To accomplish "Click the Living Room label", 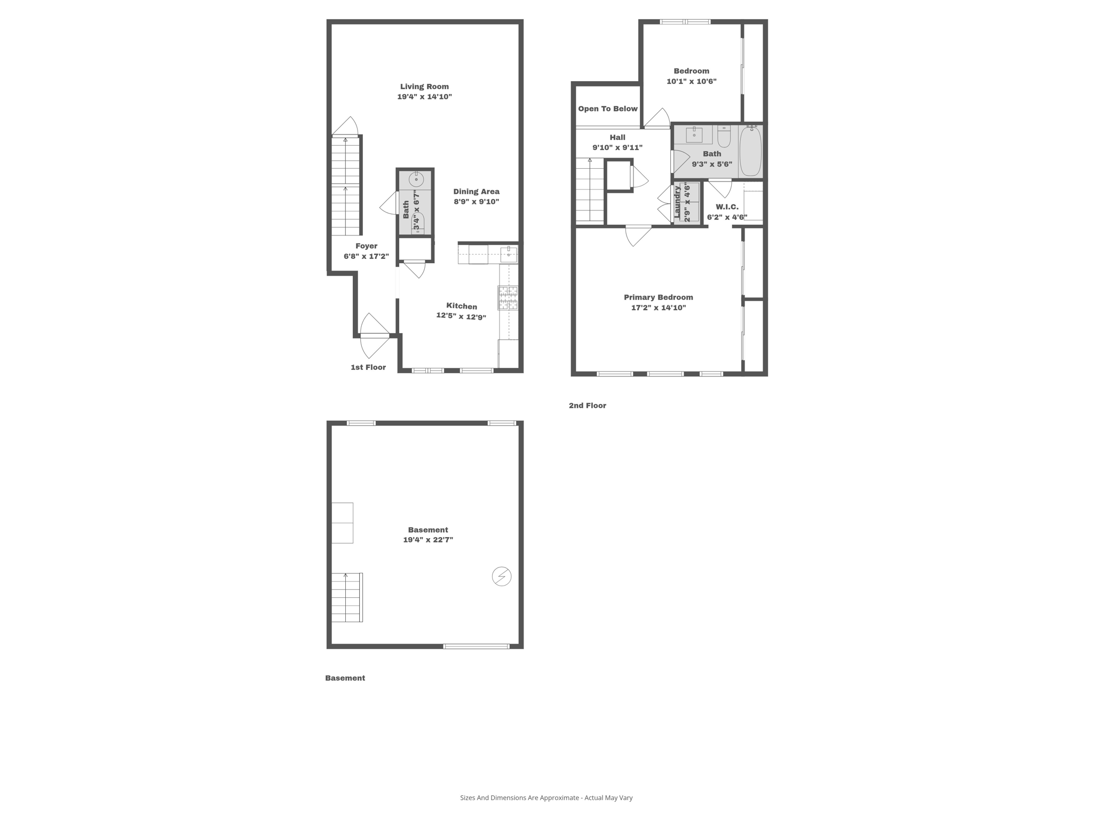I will (x=424, y=86).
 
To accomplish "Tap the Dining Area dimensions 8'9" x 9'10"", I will (x=476, y=202).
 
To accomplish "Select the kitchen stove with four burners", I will (x=508, y=298).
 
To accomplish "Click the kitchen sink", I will (x=509, y=254).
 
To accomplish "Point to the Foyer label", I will (x=366, y=246).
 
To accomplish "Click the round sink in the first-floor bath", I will (x=416, y=179).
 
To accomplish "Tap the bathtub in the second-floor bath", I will (x=750, y=151).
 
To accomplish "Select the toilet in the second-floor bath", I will (x=724, y=137).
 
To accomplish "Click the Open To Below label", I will (x=607, y=109).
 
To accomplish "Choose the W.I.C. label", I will (x=727, y=207).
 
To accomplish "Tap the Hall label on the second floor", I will (x=617, y=138).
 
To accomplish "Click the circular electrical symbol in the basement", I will (x=501, y=577).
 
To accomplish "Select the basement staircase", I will (x=346, y=597).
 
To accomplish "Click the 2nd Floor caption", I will (x=587, y=406).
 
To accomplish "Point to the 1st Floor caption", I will (x=368, y=367).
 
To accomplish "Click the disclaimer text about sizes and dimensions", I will (x=546, y=798).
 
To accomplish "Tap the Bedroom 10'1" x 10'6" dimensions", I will (x=691, y=82).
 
